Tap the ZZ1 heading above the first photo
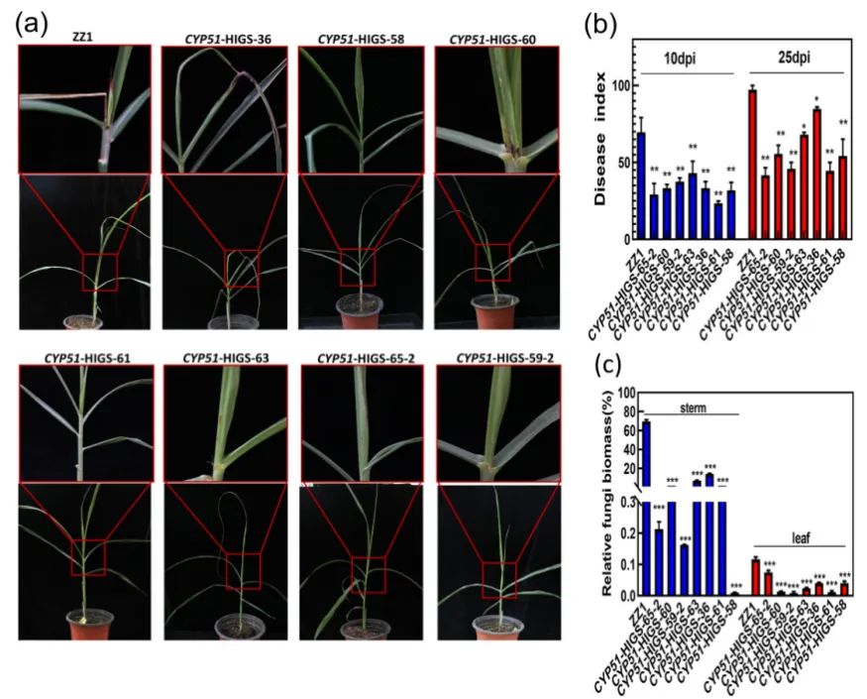coord(83,38)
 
